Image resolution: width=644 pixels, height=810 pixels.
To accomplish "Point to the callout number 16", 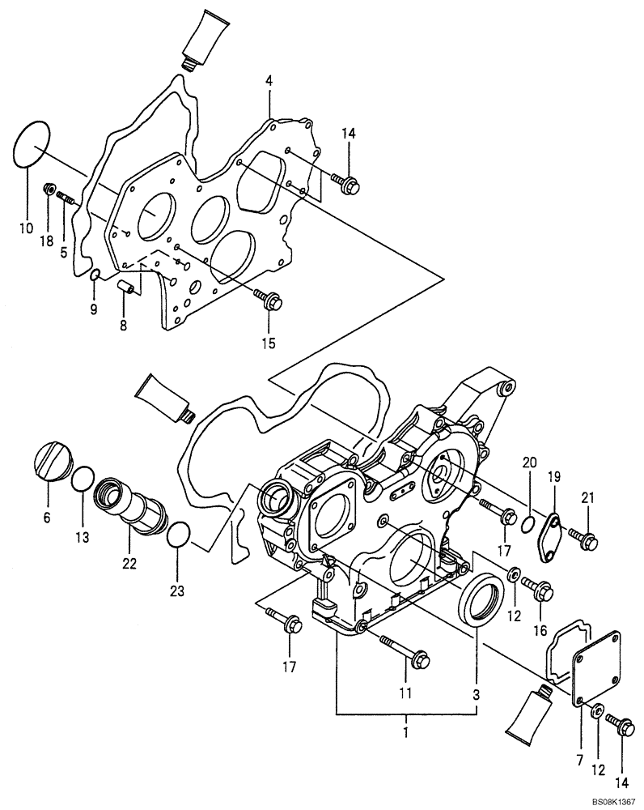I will (x=539, y=629).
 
